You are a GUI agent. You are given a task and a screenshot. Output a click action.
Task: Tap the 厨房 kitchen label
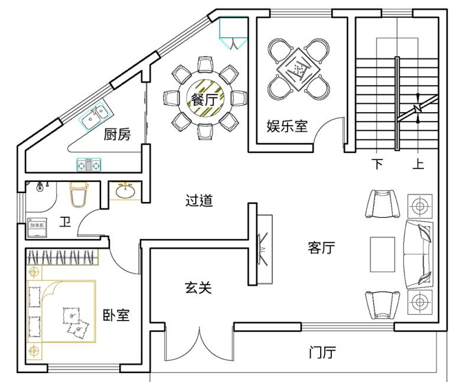tap(117, 135)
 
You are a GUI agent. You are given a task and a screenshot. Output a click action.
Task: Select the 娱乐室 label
tap(287, 126)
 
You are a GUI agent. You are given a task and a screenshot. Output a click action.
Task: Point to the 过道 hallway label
tap(199, 201)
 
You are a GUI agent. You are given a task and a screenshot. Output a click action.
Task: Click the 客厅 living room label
tap(321, 247)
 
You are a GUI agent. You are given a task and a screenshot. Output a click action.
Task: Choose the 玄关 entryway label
tap(198, 288)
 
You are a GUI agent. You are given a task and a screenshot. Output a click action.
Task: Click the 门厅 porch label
tap(322, 353)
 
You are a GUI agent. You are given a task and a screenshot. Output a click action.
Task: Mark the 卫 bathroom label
tap(65, 223)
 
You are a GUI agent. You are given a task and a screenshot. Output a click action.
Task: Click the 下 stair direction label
tap(377, 164)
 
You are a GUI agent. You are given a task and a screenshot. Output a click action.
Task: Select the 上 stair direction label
tap(418, 164)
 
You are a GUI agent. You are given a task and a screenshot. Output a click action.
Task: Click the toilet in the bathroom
tap(79, 194)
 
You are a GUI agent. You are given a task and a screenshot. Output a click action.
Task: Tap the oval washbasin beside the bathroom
tap(125, 191)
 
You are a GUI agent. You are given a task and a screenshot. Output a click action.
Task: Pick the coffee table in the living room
tap(382, 254)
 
